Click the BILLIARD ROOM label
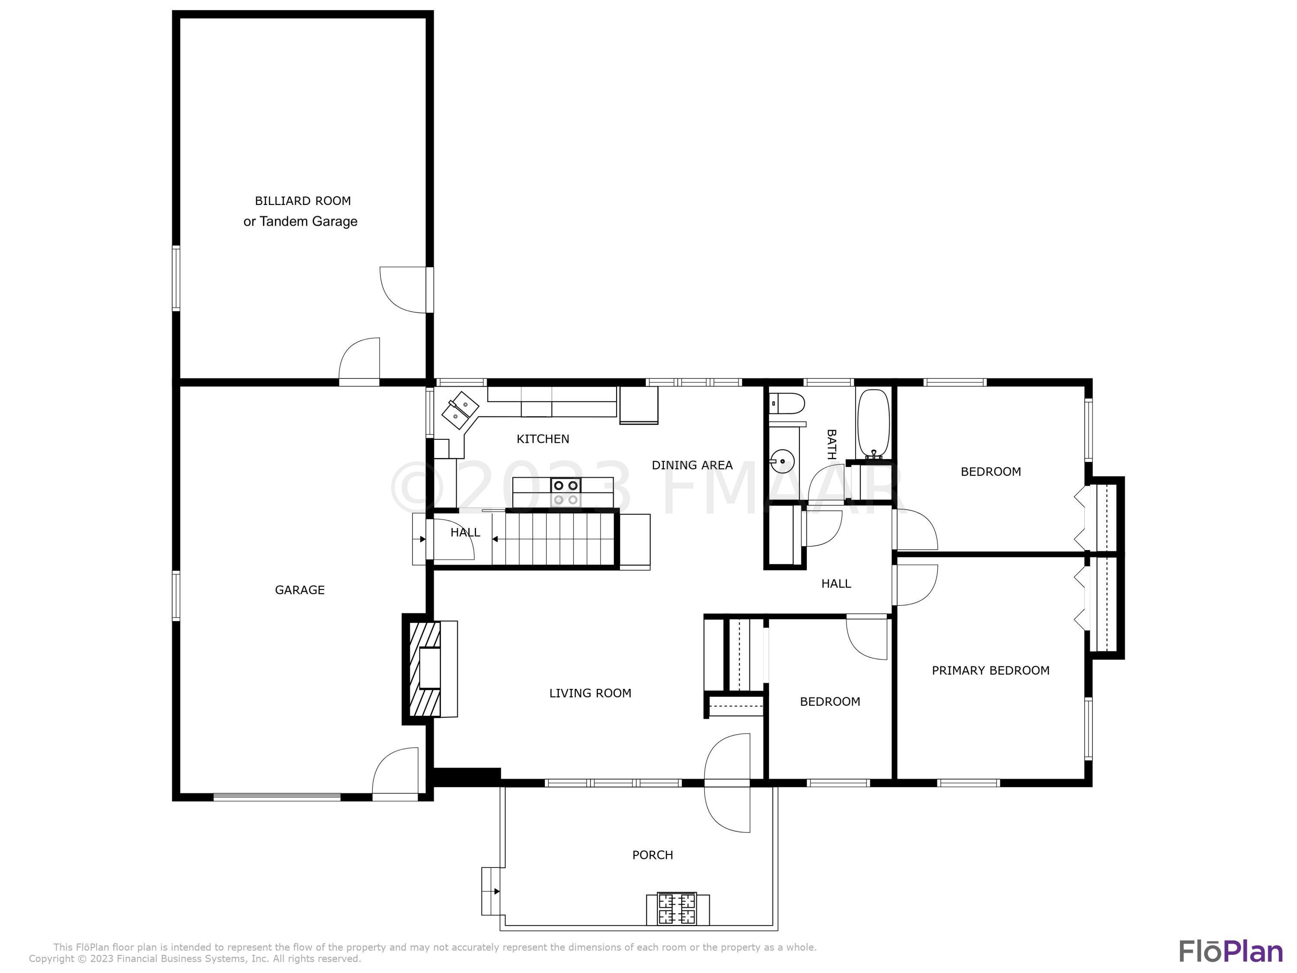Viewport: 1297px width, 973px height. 303,201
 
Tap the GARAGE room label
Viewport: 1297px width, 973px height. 300,590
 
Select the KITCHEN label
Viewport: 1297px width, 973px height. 543,438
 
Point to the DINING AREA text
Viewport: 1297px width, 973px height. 692,465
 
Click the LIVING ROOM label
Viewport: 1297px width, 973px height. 590,693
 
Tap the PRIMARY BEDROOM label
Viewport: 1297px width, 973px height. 990,670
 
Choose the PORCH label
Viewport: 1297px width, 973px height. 652,855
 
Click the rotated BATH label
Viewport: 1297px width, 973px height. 831,444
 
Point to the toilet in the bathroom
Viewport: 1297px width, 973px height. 786,403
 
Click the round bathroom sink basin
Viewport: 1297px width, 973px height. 782,461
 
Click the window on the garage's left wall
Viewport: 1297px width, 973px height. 176,595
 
